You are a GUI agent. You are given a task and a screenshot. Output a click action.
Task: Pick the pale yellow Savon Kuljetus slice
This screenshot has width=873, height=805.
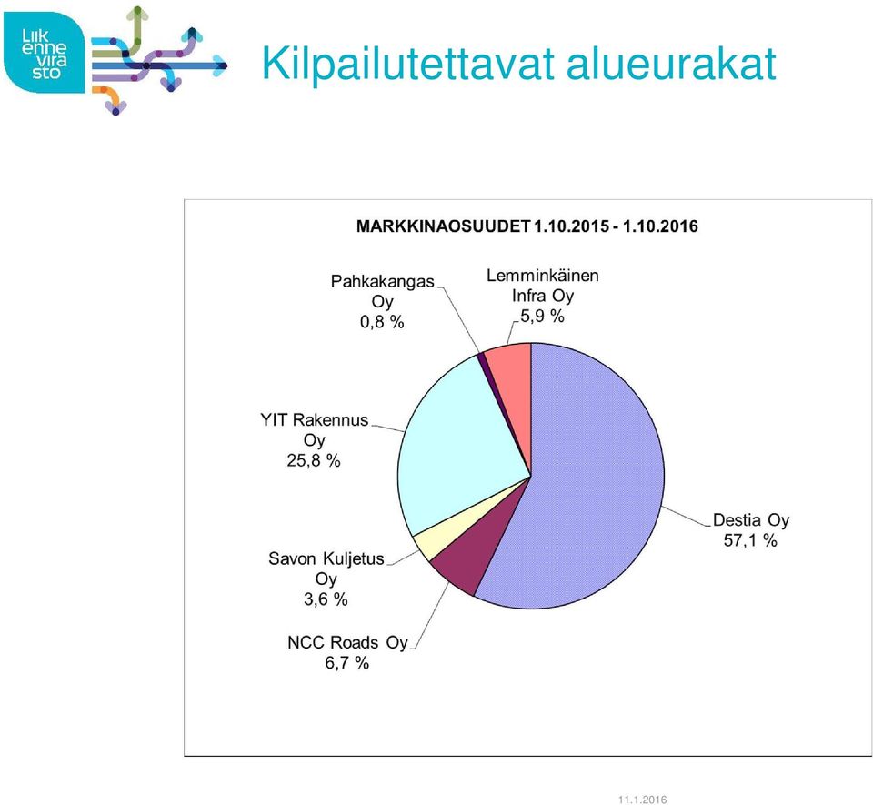click(440, 535)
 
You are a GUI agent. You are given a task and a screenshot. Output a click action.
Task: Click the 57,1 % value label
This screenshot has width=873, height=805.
click(750, 540)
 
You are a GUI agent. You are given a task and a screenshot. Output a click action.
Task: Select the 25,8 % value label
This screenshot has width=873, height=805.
click(314, 460)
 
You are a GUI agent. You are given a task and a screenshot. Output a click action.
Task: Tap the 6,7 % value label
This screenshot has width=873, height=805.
click(346, 663)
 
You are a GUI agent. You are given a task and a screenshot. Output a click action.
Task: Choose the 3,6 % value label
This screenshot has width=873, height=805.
click(326, 599)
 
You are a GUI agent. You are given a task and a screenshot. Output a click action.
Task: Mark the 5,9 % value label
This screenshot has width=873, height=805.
click(542, 317)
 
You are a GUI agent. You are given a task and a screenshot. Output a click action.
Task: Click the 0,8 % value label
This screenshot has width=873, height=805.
click(382, 322)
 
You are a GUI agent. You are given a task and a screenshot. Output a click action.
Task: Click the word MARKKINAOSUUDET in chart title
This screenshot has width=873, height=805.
click(444, 226)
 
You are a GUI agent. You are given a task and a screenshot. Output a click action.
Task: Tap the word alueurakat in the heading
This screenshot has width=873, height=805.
click(671, 64)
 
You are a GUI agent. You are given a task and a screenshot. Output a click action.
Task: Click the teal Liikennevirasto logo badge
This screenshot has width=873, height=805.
click(45, 53)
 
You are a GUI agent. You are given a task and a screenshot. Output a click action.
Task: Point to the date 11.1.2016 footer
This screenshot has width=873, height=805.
click(643, 800)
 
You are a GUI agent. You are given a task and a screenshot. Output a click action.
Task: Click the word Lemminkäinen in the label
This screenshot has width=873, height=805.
click(543, 276)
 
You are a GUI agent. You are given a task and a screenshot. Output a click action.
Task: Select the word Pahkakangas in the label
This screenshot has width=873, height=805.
click(383, 282)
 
